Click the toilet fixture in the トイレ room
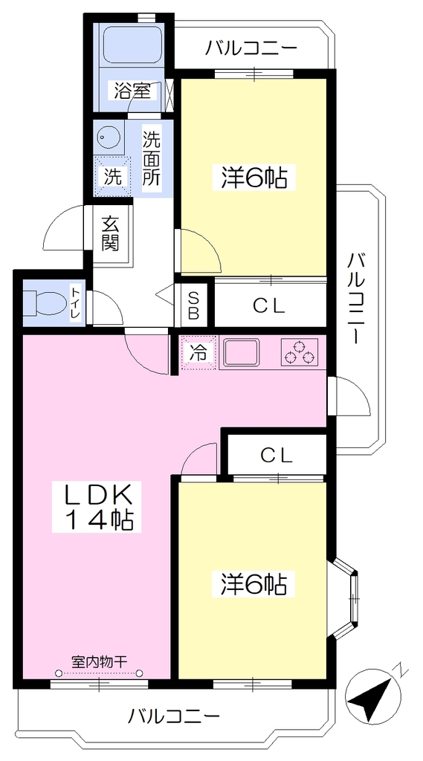coord(44,302)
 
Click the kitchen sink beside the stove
coord(242,353)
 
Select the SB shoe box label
coord(193,305)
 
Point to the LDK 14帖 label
coord(98,507)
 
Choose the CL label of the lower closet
coord(277,456)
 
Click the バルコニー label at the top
coord(251,48)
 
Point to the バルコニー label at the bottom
coord(174,716)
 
